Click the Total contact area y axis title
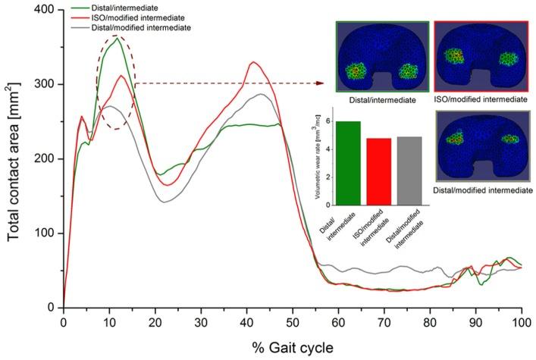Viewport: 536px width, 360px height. click(x=14, y=159)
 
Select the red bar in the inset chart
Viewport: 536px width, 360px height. click(x=379, y=171)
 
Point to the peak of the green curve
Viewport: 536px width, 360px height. click(x=116, y=39)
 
